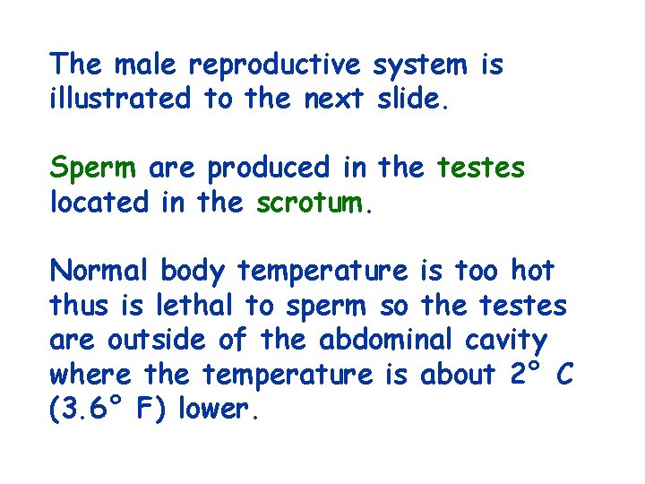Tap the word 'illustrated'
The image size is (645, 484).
(120, 98)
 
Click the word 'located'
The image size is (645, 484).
(99, 202)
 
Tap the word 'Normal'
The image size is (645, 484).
(100, 270)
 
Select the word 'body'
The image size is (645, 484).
(195, 272)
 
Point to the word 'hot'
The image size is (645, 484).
(532, 270)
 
